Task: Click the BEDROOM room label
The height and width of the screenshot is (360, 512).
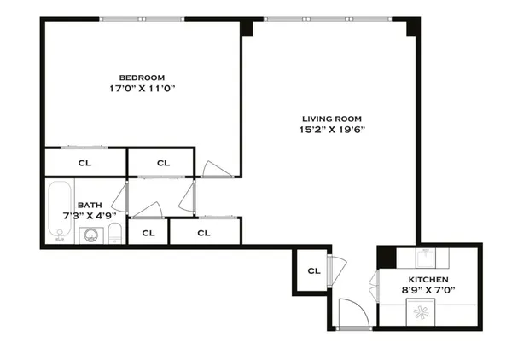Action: click(143, 77)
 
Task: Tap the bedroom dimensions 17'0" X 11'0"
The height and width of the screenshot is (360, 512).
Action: click(143, 88)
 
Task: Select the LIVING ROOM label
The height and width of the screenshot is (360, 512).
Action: click(332, 119)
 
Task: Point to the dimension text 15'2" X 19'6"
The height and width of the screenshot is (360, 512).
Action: click(332, 130)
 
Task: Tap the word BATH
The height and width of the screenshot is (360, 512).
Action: click(89, 205)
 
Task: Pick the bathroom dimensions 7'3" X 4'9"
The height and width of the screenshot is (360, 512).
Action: click(89, 216)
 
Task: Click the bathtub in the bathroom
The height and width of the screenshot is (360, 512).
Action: click(59, 212)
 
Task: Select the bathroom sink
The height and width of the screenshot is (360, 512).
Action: click(90, 235)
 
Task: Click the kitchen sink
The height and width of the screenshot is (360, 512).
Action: click(427, 257)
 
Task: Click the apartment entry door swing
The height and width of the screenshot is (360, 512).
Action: click(352, 313)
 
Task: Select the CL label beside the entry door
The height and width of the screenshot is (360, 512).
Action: click(313, 271)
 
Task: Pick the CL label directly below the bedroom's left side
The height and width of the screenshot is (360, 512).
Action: click(84, 162)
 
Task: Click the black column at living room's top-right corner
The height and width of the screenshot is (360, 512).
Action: click(414, 27)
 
